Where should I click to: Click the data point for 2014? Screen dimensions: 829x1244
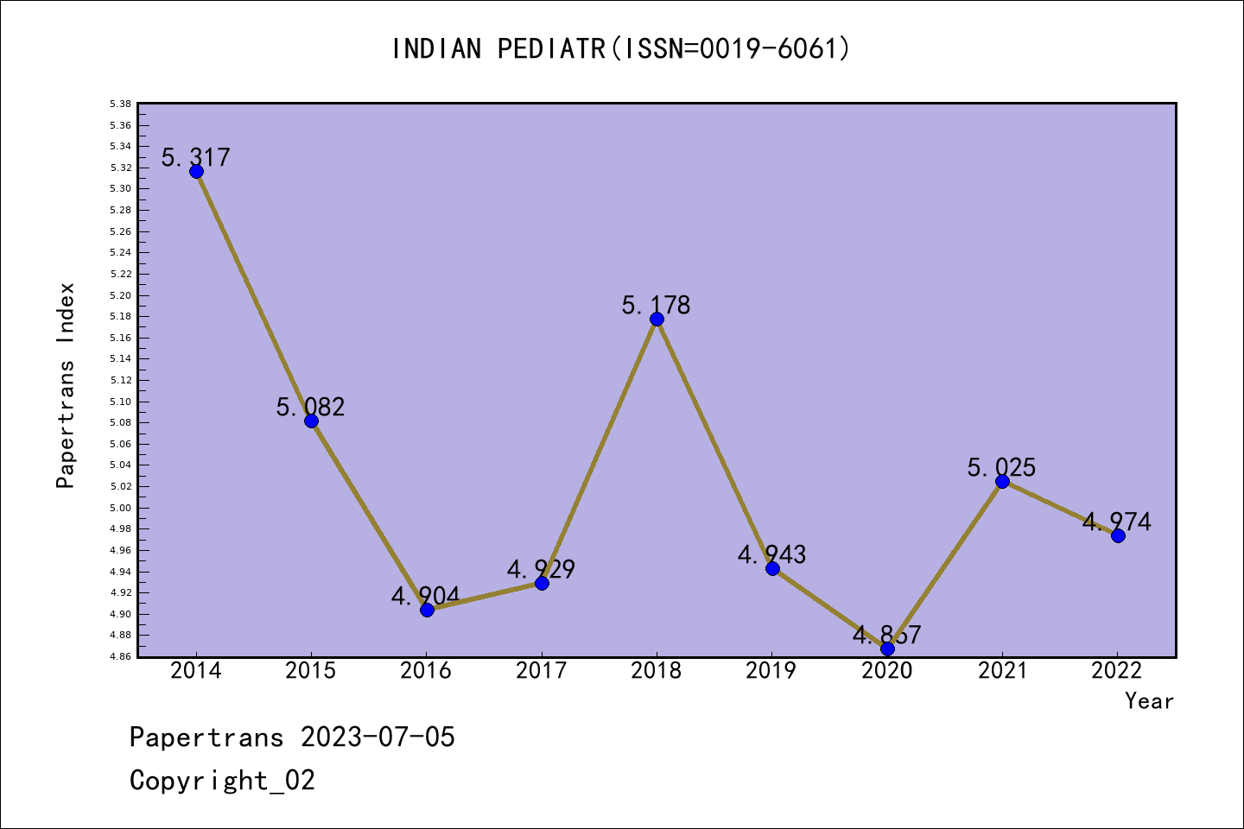196,171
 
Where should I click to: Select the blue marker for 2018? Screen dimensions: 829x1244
657,319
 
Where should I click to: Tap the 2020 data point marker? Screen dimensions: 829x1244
887,649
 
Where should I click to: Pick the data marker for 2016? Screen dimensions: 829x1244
427,610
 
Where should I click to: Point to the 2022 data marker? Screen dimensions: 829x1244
1118,535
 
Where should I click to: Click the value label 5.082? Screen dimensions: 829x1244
311,407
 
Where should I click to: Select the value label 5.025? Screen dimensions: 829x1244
1001,467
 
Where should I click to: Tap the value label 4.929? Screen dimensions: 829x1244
541,569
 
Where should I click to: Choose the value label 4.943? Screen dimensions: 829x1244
771,554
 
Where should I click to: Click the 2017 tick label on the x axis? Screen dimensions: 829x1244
541,671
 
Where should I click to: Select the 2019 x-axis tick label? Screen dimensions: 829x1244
771,671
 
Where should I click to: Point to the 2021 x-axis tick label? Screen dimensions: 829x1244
1002,671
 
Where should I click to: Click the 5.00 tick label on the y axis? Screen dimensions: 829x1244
121,508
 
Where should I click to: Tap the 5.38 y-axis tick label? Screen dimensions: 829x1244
121,104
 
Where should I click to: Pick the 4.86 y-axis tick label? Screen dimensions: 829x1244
121,656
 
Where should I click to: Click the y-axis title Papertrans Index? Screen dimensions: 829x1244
66,385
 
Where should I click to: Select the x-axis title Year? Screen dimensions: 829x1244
1149,701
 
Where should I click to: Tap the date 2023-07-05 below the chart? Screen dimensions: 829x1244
378,737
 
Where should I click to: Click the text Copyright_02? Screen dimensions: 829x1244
222,781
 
